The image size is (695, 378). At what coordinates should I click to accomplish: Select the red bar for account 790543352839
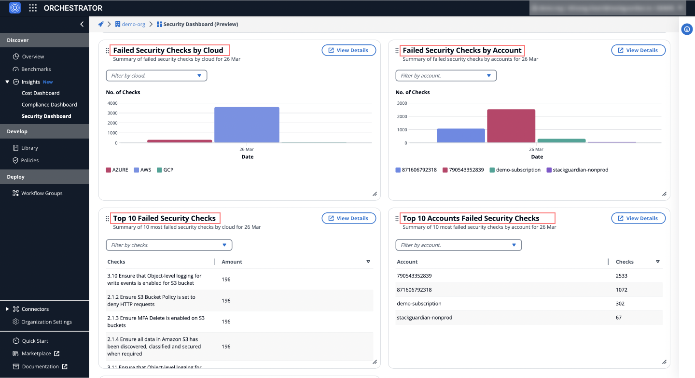(x=511, y=126)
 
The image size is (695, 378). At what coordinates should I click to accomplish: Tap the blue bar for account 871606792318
(x=460, y=136)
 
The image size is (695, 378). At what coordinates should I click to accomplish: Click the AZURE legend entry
(x=117, y=170)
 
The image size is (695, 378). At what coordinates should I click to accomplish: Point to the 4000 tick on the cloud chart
(x=112, y=103)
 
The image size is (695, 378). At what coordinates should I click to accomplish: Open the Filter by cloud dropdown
(x=156, y=76)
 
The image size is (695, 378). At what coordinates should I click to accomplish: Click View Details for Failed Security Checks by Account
(x=638, y=50)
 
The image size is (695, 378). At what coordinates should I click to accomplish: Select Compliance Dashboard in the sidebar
(x=49, y=105)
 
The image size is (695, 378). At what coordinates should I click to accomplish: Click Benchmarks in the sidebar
(x=36, y=69)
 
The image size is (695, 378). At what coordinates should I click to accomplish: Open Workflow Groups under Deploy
(x=42, y=193)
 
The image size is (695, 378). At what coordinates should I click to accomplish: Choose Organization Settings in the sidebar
(x=46, y=322)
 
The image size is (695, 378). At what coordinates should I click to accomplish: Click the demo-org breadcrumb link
(x=133, y=24)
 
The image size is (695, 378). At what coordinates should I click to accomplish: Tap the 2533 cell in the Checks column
(x=622, y=276)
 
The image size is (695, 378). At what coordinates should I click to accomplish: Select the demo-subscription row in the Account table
(x=419, y=304)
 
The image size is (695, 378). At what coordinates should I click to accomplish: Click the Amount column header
(x=232, y=262)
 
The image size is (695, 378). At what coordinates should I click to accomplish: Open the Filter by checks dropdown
(x=169, y=245)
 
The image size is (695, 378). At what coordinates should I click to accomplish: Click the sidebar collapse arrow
(x=82, y=24)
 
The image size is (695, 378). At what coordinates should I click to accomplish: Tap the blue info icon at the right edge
(x=687, y=29)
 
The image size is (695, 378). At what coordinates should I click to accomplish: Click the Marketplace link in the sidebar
(x=37, y=353)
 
